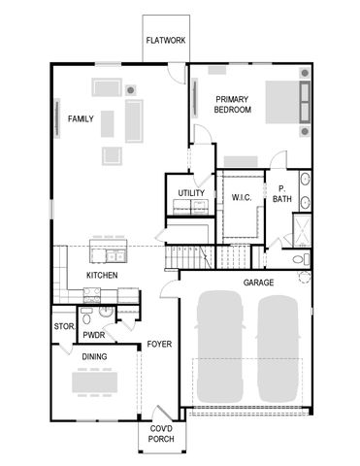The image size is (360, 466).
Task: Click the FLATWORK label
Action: click(166, 41)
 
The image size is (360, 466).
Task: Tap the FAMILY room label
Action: click(82, 118)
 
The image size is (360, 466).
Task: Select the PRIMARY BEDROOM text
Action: click(233, 105)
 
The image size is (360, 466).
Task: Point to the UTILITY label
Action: click(191, 192)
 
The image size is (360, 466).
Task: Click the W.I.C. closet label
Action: click(243, 198)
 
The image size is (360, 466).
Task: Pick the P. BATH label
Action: click(281, 194)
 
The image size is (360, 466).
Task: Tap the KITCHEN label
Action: click(102, 276)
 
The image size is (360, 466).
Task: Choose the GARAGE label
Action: click(258, 283)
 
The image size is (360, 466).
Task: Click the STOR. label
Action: click(64, 326)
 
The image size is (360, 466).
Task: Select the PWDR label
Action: click(94, 335)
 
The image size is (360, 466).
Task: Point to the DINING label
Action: click(94, 356)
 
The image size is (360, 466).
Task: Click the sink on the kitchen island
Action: click(115, 256)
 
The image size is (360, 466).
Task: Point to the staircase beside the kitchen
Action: click(188, 256)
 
